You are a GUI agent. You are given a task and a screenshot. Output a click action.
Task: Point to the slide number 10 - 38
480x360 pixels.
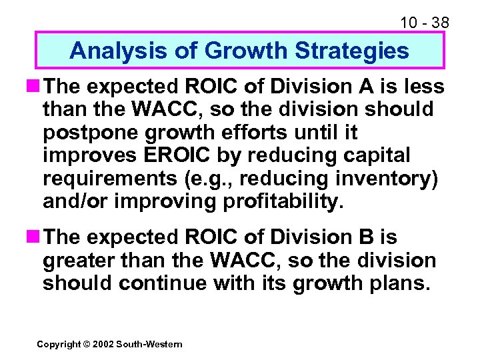tap(425, 23)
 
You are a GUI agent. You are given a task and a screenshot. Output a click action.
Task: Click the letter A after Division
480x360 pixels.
tap(362, 87)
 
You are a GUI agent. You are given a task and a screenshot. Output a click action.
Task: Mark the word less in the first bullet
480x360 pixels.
tap(424, 87)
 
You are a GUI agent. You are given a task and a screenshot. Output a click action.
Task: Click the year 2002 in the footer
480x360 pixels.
tap(101, 344)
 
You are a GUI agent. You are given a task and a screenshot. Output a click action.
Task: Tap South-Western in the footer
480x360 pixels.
tap(149, 344)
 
